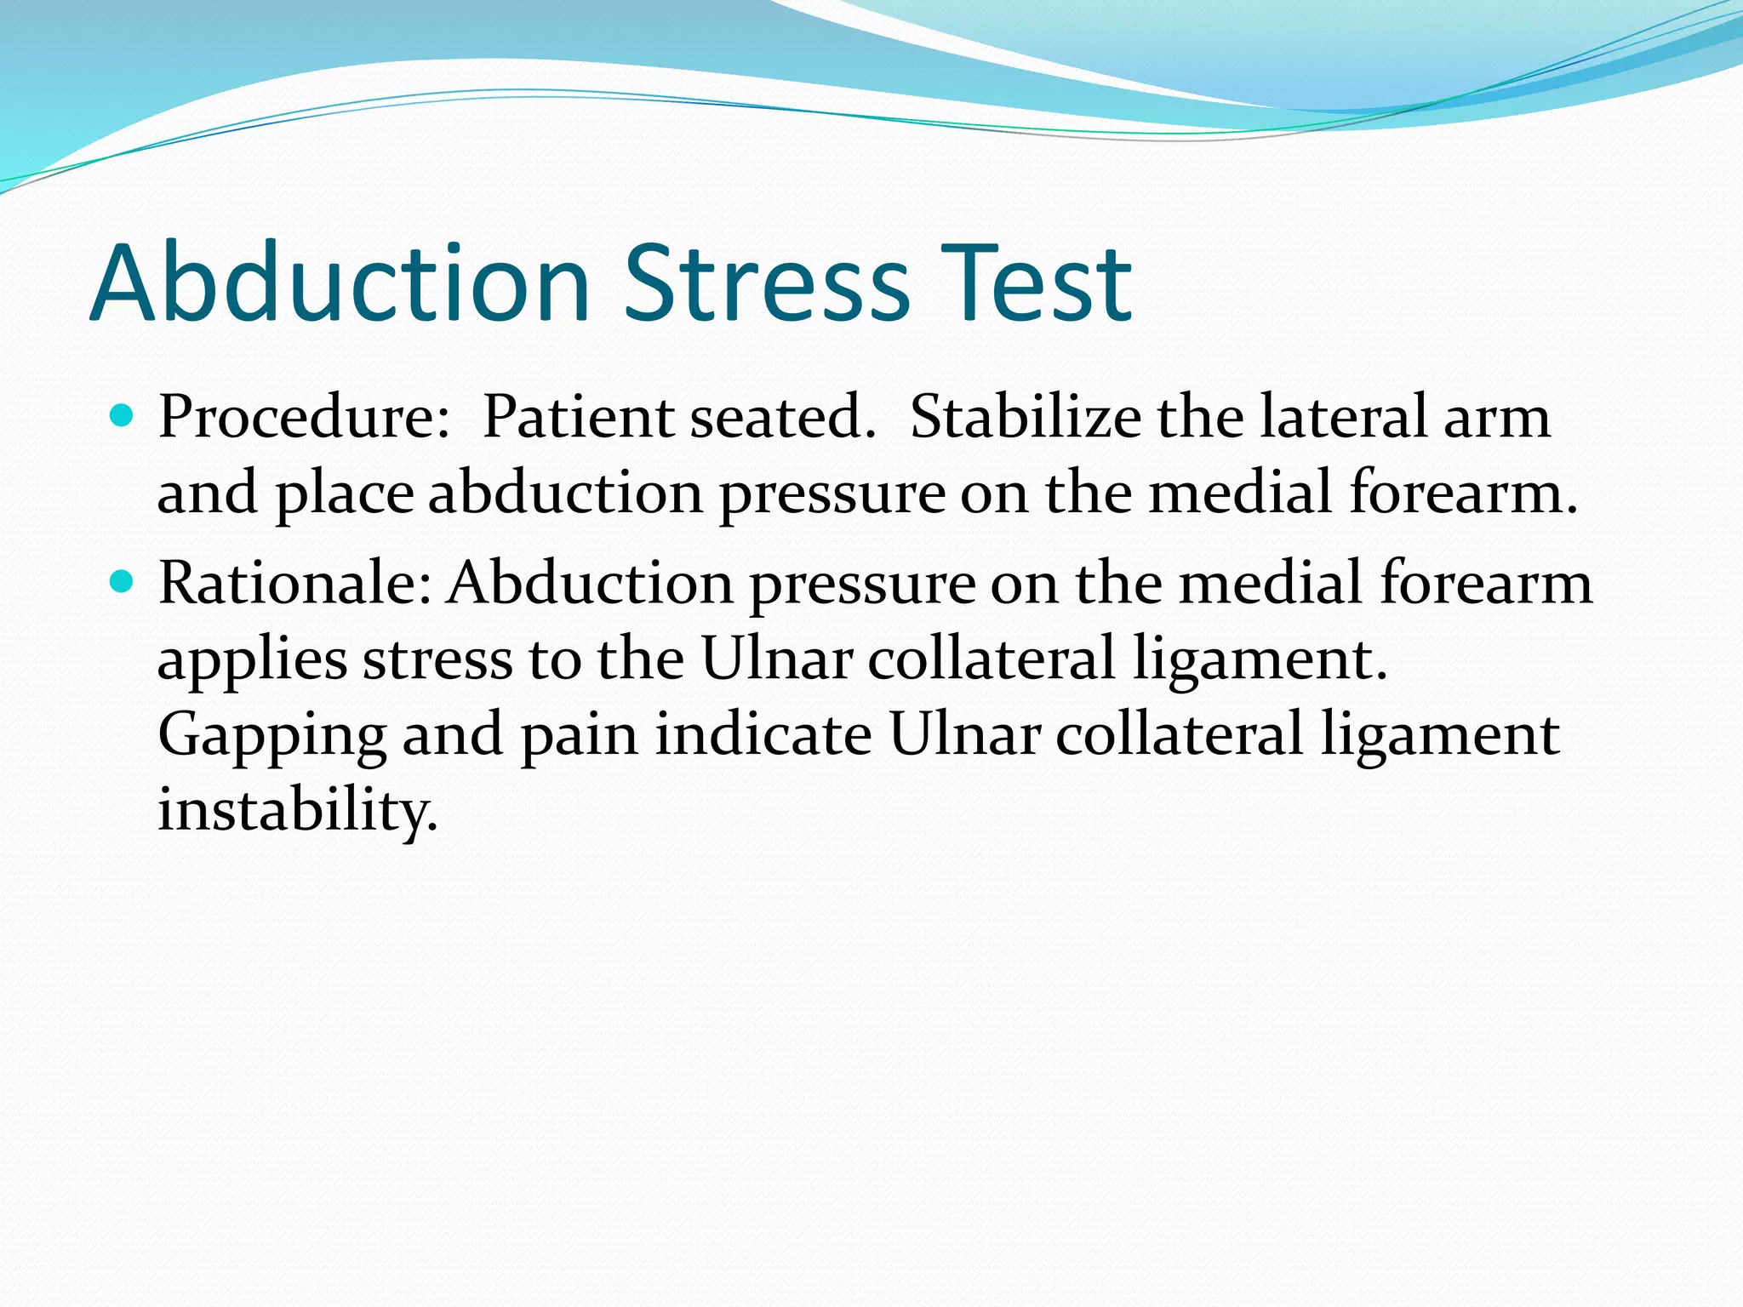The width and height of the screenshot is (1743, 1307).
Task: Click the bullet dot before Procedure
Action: coord(123,416)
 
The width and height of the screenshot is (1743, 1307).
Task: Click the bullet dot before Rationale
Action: coord(123,582)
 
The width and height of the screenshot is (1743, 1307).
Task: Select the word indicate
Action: coord(763,733)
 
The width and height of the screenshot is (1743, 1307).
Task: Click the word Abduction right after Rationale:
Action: coord(591,584)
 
